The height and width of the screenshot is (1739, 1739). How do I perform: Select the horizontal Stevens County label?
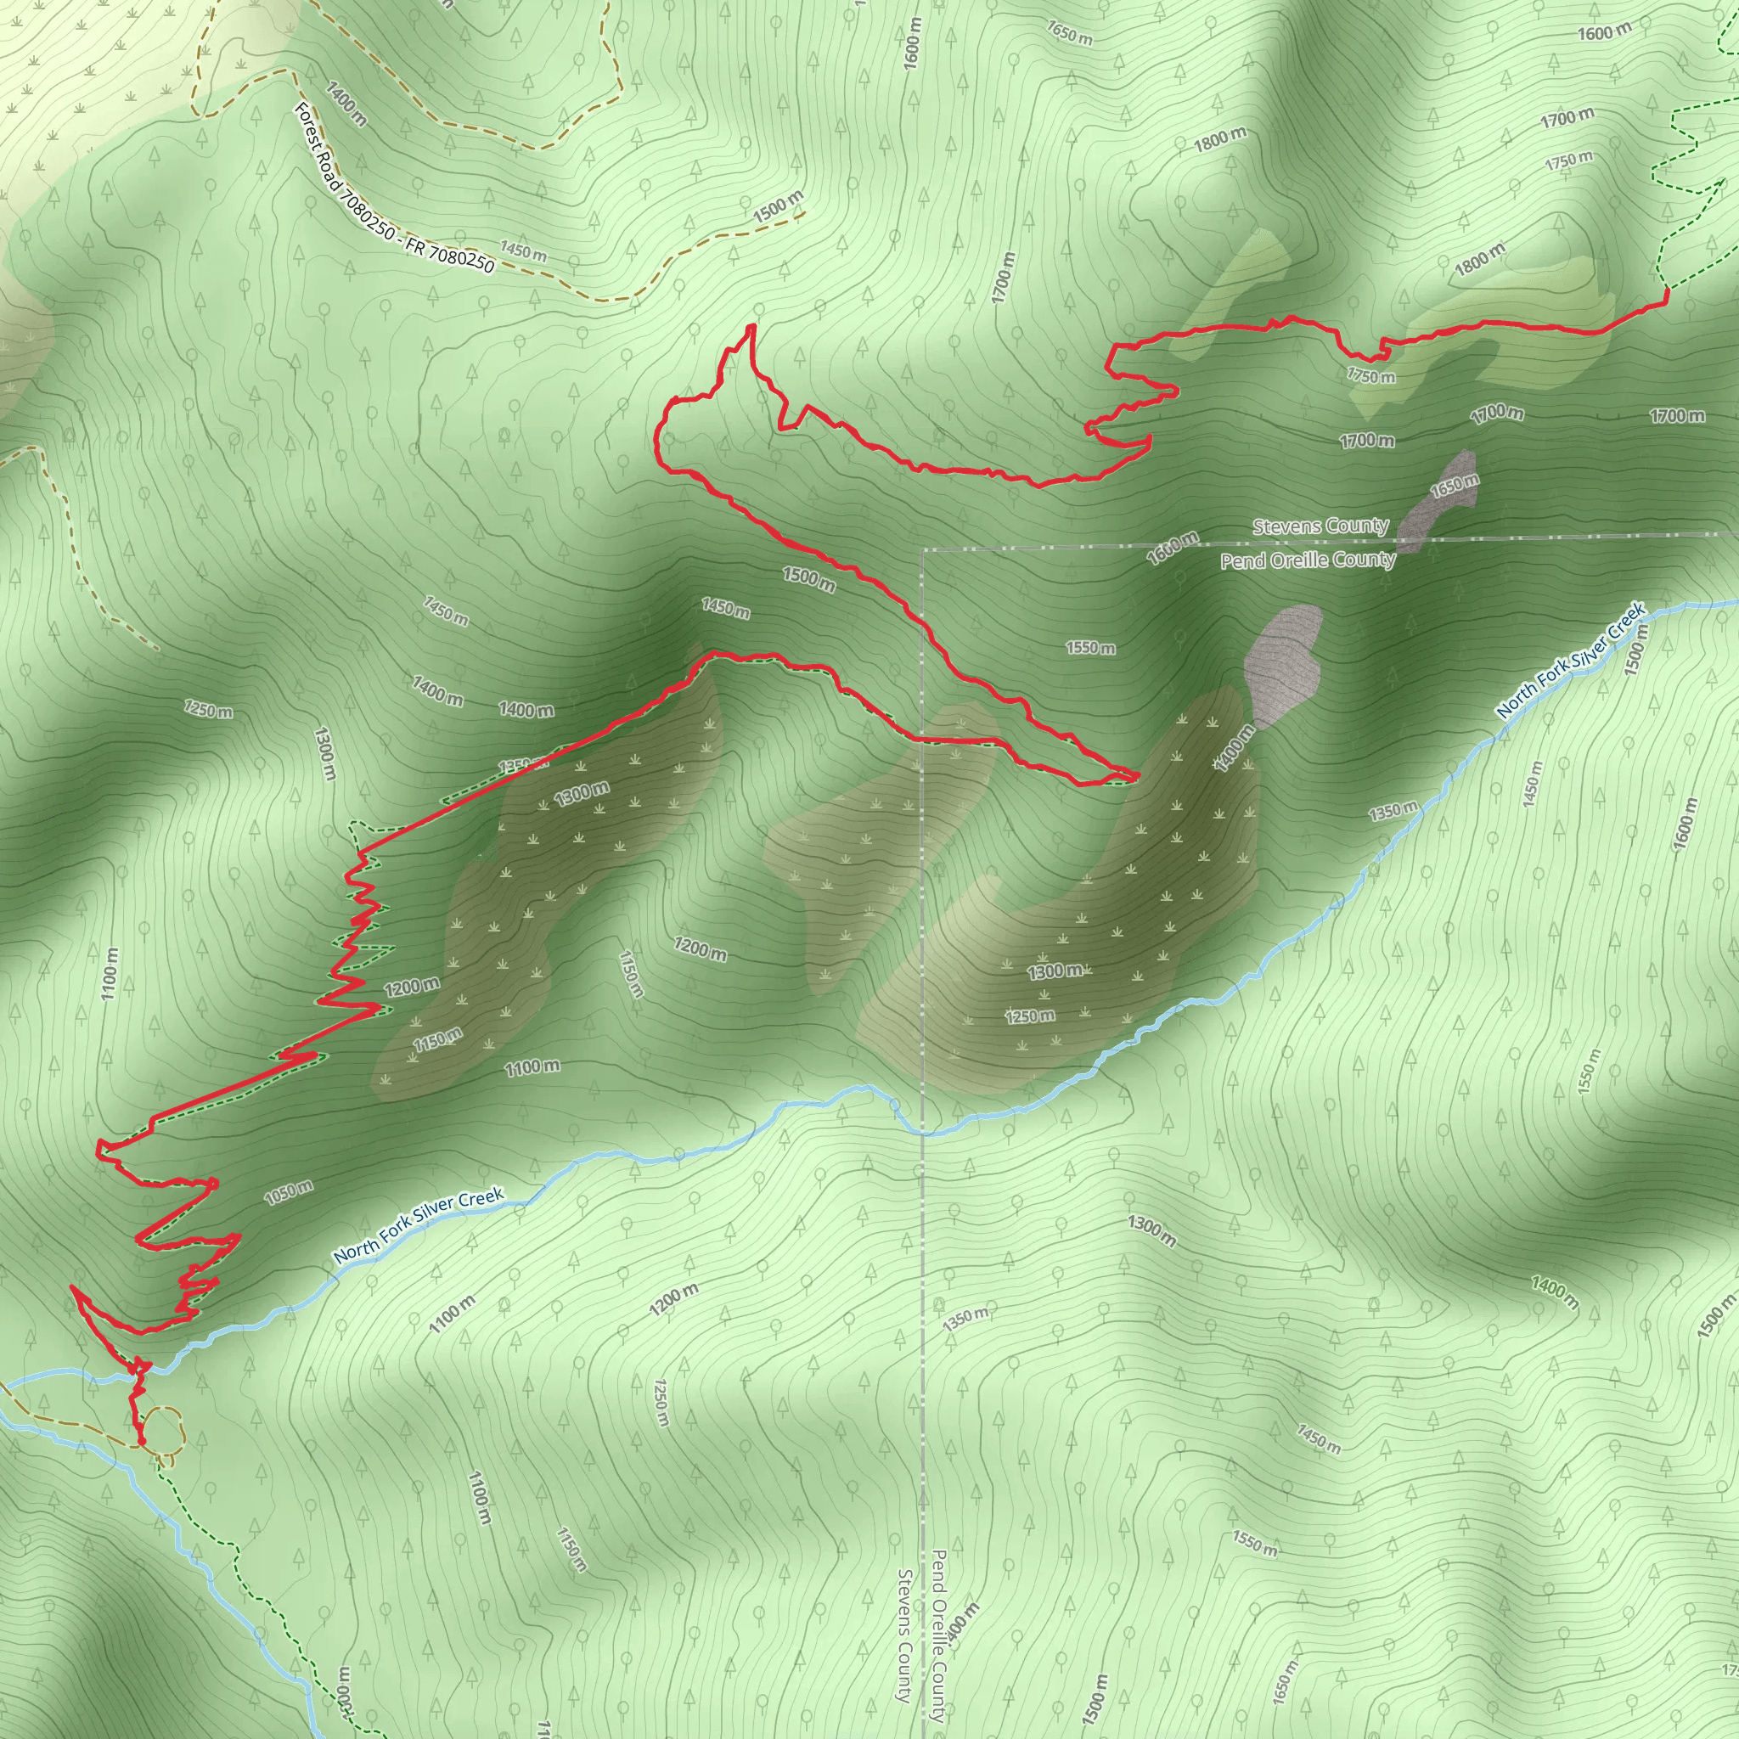click(1320, 526)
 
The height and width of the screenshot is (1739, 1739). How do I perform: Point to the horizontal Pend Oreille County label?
click(1307, 560)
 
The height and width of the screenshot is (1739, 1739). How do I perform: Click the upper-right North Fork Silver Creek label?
click(1571, 659)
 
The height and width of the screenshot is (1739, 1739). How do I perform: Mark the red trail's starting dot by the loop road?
click(141, 1441)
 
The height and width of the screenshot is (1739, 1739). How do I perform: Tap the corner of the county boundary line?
click(924, 548)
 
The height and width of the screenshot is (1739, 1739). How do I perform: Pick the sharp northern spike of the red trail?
click(750, 328)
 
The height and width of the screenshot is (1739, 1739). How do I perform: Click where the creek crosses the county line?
click(924, 1134)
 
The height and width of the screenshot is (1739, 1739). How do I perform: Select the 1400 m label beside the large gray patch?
click(1233, 747)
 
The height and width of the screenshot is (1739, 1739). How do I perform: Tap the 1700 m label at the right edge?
click(1676, 416)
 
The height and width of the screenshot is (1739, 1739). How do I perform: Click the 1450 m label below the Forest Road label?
click(524, 253)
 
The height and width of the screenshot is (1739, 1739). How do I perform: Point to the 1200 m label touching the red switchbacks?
click(411, 987)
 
